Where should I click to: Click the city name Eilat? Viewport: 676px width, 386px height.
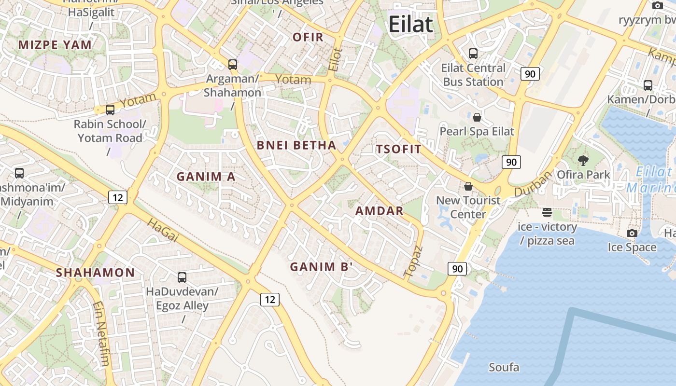pyautogui.click(x=410, y=24)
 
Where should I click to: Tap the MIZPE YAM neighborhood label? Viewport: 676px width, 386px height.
pyautogui.click(x=55, y=45)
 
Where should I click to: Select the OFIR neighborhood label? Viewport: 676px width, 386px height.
pyautogui.click(x=308, y=37)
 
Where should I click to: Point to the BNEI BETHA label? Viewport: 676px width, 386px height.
pyautogui.click(x=296, y=145)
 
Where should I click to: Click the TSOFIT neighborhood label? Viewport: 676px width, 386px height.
pyautogui.click(x=399, y=149)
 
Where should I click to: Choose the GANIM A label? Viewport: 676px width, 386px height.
pyautogui.click(x=206, y=177)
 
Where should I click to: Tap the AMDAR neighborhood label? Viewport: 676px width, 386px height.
pyautogui.click(x=379, y=211)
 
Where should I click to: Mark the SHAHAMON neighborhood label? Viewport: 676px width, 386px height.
pyautogui.click(x=95, y=273)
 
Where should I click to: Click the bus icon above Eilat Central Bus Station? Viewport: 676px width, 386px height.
pyautogui.click(x=473, y=54)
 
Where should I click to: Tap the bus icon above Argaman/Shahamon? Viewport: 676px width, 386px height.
pyautogui.click(x=233, y=64)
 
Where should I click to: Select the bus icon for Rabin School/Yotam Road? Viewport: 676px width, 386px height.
pyautogui.click(x=110, y=110)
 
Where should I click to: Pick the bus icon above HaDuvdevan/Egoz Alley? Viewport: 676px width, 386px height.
pyautogui.click(x=182, y=277)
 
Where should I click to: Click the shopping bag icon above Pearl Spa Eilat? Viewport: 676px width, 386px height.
pyautogui.click(x=477, y=117)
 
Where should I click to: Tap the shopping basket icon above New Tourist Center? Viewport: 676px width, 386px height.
pyautogui.click(x=468, y=186)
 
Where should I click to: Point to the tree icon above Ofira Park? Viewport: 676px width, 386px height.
pyautogui.click(x=583, y=160)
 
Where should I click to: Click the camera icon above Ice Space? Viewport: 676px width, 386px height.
pyautogui.click(x=632, y=234)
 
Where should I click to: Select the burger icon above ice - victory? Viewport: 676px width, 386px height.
pyautogui.click(x=547, y=212)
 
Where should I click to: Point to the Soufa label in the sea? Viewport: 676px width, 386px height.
pyautogui.click(x=504, y=368)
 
